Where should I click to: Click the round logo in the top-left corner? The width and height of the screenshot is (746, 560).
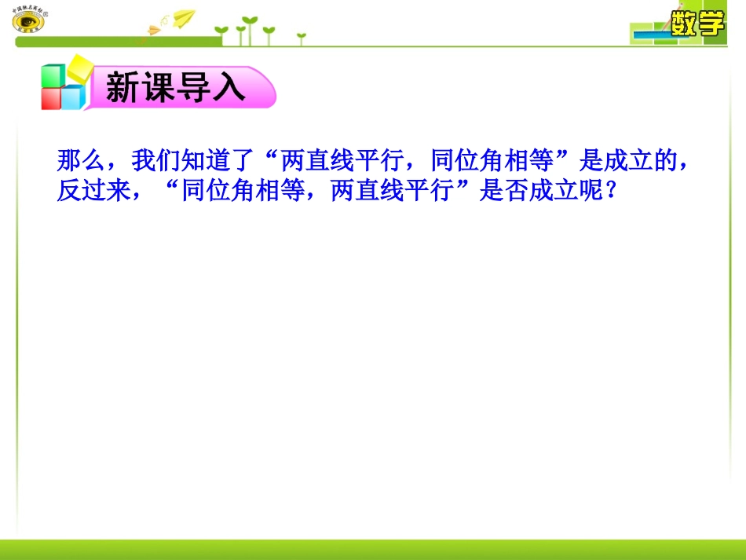28,20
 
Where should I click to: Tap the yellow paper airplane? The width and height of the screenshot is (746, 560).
184,17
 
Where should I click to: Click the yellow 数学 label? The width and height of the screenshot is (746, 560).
697,24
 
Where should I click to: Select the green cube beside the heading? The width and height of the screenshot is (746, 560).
53,76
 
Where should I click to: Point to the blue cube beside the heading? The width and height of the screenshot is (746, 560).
73,97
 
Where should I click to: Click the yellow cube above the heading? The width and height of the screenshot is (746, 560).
79,68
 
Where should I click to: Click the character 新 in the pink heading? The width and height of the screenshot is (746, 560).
123,88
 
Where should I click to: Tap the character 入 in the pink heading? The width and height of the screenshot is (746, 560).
230,88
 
